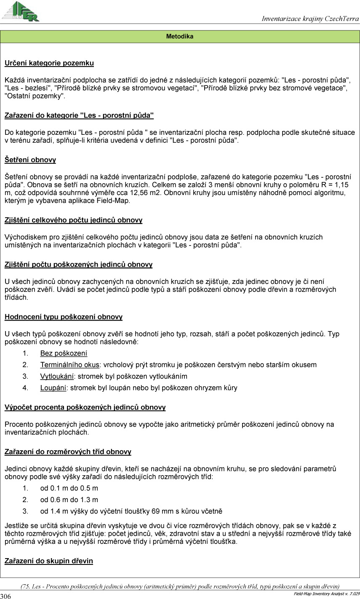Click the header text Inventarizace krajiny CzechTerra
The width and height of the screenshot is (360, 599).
tap(310, 19)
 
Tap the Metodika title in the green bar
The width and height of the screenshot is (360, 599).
tap(180, 37)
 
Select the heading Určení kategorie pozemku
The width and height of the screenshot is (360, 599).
tap(49, 63)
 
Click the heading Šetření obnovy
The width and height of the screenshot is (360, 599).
tap(30, 160)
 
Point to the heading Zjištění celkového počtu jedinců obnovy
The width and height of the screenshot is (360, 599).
tap(73, 220)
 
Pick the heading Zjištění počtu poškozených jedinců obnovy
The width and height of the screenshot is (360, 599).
tap(78, 265)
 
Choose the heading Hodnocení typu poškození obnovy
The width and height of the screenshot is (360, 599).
tap(64, 317)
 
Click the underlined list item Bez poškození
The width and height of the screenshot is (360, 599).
tap(64, 353)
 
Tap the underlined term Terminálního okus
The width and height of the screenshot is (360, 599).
tap(69, 365)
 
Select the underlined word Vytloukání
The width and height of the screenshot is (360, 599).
tap(57, 376)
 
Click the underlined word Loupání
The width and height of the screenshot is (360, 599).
tap(53, 388)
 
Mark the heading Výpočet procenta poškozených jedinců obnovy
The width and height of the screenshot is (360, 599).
tap(85, 407)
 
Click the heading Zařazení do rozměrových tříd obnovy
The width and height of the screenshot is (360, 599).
tap(68, 452)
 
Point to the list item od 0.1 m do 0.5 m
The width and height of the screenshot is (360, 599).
tap(69, 488)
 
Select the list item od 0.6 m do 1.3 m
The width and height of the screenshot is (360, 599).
tap(69, 500)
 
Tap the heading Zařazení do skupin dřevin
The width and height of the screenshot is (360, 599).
tap(48, 561)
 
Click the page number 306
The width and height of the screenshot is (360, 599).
tap(5, 596)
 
